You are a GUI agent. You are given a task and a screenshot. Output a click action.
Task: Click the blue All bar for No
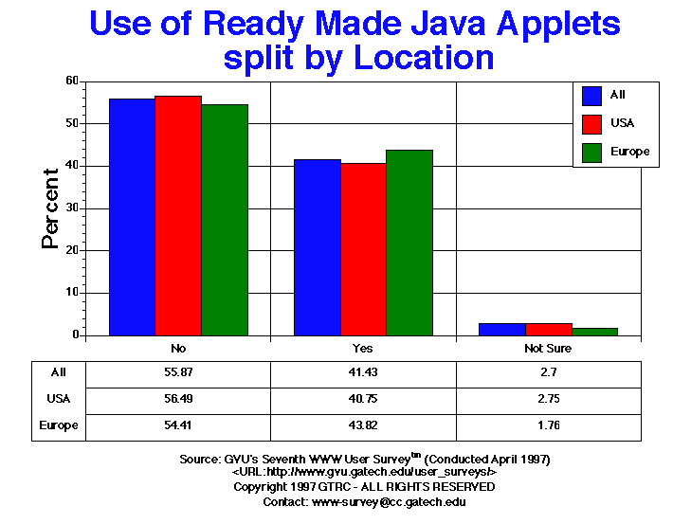tap(133, 217)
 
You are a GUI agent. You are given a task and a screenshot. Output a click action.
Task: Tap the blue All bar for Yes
tap(318, 247)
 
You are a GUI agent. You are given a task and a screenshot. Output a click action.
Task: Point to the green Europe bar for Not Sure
tap(595, 332)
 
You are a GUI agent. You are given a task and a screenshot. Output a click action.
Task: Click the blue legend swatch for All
tap(592, 96)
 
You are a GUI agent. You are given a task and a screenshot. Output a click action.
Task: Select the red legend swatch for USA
tap(592, 124)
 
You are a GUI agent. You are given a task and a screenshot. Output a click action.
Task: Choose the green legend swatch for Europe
tap(592, 153)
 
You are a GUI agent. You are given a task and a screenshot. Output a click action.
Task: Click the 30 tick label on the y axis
tap(70, 208)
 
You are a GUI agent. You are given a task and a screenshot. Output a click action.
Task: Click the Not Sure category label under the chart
tap(549, 349)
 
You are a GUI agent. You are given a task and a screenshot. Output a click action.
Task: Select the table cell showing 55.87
tap(178, 374)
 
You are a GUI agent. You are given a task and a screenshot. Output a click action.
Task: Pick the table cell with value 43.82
tap(364, 425)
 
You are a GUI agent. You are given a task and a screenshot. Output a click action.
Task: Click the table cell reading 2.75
tap(549, 400)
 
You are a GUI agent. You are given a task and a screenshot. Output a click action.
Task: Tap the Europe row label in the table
tap(59, 425)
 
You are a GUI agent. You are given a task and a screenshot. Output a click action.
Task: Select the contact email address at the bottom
tap(390, 501)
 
